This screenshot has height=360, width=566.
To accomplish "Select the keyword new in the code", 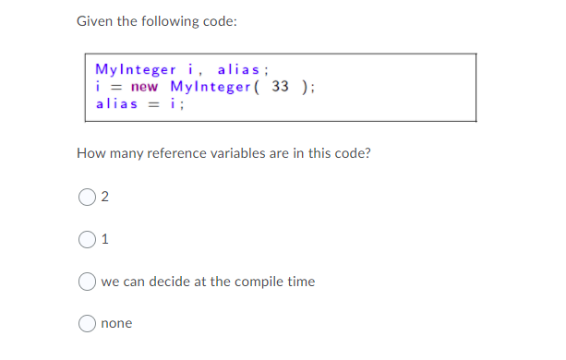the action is tap(145, 87).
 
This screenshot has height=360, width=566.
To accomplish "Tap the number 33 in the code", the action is tap(282, 87).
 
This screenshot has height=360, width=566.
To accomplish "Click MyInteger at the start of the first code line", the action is tap(134, 69).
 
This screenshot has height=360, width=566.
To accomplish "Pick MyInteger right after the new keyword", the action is tap(210, 87).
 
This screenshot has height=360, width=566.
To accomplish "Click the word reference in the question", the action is tap(176, 153).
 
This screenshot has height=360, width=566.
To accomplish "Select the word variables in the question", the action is tap(243, 153).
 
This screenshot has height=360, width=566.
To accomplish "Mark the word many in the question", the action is tap(126, 153).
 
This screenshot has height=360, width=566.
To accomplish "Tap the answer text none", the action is tap(116, 323).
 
